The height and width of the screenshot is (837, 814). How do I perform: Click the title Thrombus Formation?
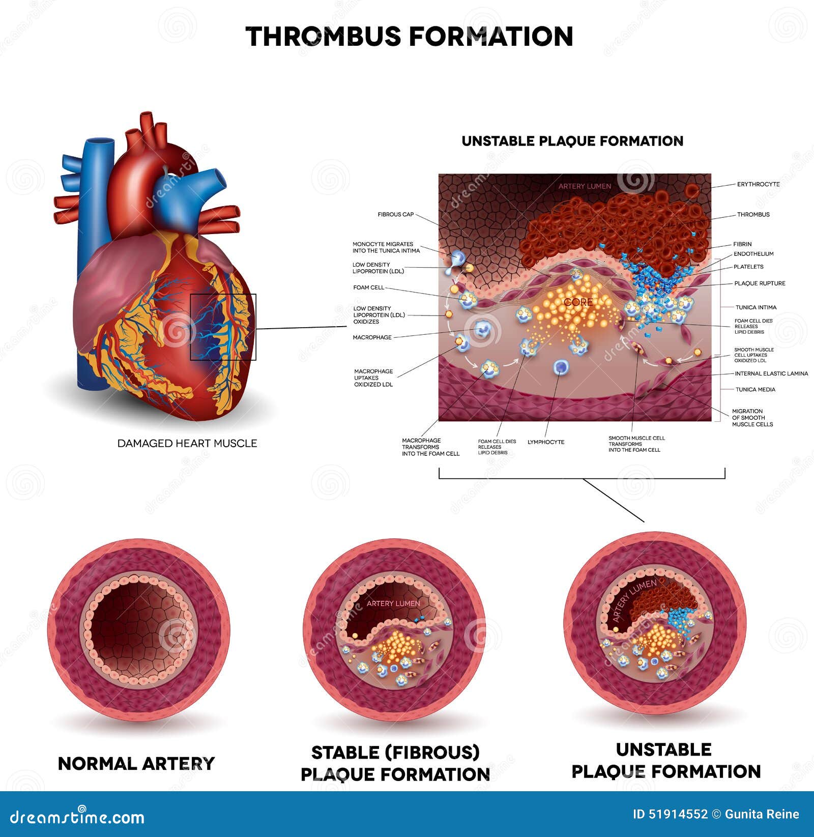click(x=410, y=37)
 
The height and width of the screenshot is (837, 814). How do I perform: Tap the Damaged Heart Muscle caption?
click(x=187, y=443)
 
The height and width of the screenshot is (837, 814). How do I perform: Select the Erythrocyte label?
click(x=759, y=184)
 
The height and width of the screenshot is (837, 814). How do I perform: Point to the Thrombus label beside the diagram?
click(x=753, y=215)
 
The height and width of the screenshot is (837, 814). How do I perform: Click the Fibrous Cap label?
click(x=396, y=215)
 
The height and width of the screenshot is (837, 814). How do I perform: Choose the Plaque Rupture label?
click(x=760, y=283)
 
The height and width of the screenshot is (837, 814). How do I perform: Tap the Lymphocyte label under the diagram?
click(x=546, y=442)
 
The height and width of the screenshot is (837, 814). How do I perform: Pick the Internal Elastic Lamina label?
click(x=771, y=373)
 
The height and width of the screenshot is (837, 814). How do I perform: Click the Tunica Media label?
click(x=755, y=390)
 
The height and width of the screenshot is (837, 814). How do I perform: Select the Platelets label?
click(x=748, y=267)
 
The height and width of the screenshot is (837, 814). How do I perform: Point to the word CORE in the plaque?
click(x=578, y=302)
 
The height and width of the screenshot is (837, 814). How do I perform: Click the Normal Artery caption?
click(x=136, y=764)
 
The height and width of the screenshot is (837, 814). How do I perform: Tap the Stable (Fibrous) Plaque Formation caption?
click(x=395, y=763)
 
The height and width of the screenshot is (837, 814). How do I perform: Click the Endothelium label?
click(x=753, y=254)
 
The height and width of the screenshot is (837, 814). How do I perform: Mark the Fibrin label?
click(x=742, y=244)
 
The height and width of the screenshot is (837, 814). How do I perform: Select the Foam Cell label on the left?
click(x=369, y=287)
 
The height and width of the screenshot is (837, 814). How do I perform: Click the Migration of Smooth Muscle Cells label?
click(x=752, y=418)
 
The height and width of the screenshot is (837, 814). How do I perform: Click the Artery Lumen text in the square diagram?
click(x=585, y=186)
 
